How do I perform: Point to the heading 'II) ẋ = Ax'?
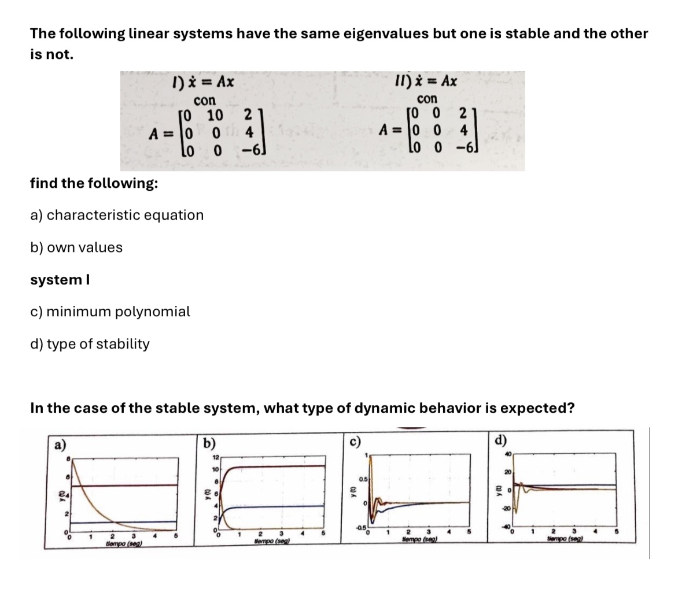coord(426,80)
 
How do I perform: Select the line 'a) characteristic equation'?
coord(117,215)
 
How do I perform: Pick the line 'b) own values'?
coord(76,247)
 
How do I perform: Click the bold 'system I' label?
coord(57,280)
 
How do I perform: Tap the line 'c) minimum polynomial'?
coord(110,312)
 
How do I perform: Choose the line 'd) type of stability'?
coord(90,344)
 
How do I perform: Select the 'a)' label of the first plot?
coord(59,445)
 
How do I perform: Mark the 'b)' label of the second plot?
coord(210,444)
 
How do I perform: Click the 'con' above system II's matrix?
coord(427,98)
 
